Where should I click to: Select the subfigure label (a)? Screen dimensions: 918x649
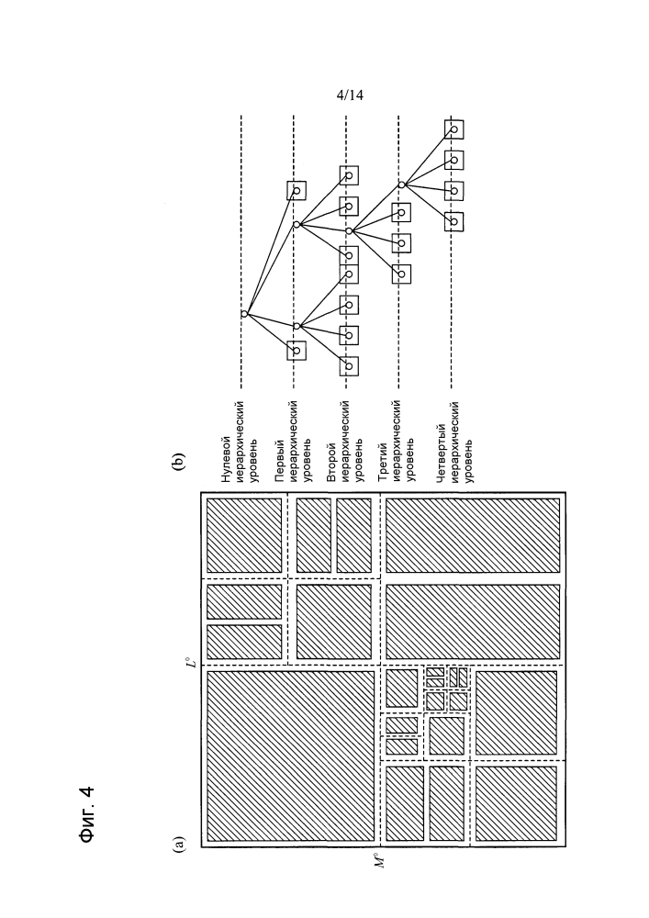coord(180,836)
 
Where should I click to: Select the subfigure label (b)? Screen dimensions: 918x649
coord(180,462)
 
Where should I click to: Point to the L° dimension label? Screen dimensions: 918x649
coord(190,662)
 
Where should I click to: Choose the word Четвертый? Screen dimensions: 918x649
coord(441,452)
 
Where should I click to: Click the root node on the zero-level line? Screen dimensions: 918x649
coord(243,314)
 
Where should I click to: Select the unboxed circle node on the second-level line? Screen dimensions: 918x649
coord(349,230)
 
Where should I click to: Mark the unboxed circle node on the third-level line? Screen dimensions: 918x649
coord(401,185)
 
